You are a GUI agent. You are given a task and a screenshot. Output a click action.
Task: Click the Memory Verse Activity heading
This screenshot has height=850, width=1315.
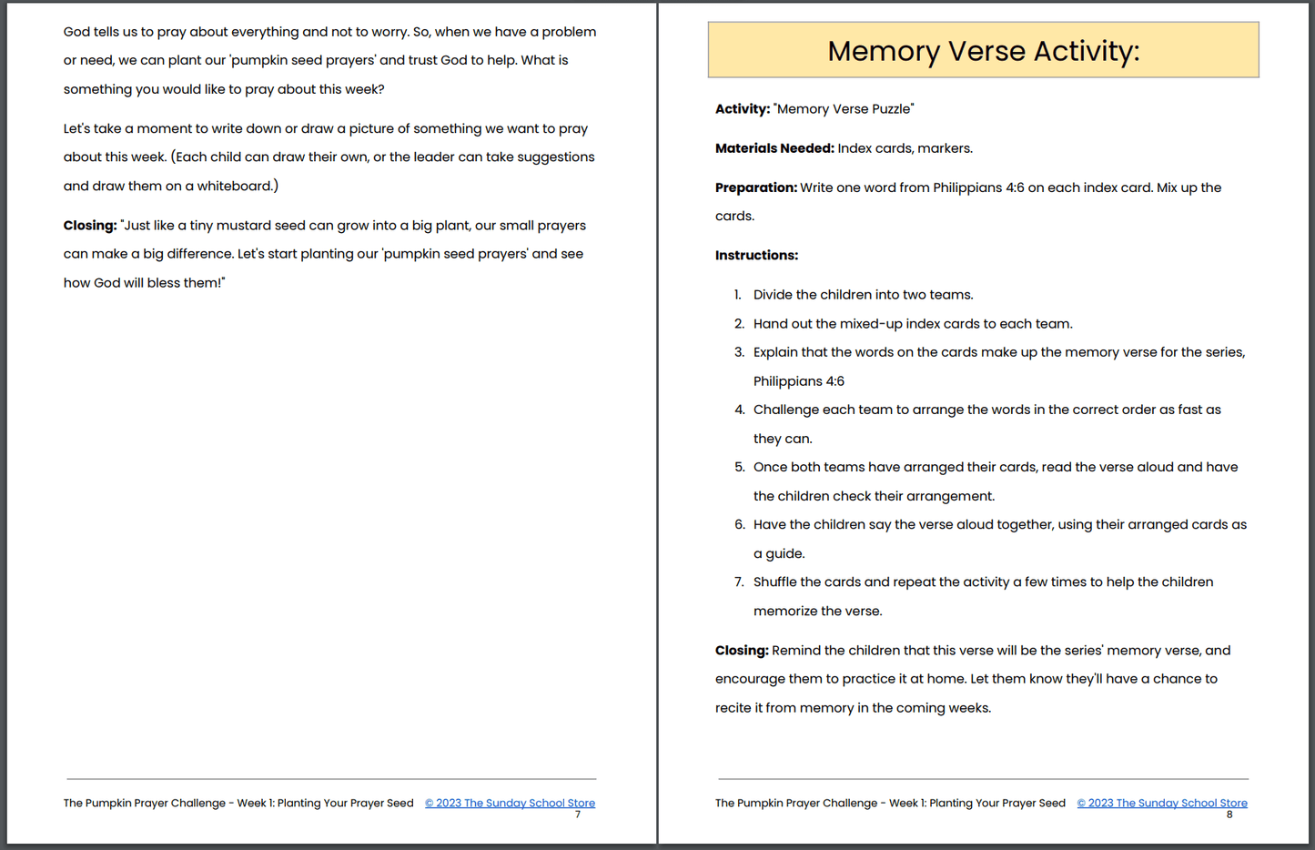coord(983,51)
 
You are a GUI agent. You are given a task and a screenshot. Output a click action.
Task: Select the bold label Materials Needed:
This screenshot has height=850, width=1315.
coord(774,148)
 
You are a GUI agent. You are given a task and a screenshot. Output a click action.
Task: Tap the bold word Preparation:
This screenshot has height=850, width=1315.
coord(755,187)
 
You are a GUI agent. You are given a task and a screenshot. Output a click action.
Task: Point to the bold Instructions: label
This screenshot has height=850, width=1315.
coord(756,256)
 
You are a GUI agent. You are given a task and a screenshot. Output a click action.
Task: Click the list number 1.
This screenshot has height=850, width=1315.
coord(738,295)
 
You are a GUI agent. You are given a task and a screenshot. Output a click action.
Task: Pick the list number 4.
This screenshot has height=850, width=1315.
coord(739,410)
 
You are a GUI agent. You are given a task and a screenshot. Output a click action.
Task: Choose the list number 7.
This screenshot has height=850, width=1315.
coord(739,582)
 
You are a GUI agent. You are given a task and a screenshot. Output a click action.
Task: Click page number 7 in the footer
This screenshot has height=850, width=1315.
coord(577,815)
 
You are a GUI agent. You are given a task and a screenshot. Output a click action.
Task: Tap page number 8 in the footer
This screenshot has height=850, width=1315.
coord(1229,815)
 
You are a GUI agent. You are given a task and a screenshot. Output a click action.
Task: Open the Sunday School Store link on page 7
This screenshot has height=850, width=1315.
coord(510,803)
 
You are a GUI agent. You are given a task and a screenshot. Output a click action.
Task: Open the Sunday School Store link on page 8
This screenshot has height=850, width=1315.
coord(1162,803)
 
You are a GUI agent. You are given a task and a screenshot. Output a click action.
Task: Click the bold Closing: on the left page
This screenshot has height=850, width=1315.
coord(90,226)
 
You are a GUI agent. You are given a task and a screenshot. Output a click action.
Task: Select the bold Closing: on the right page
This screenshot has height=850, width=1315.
coord(742,651)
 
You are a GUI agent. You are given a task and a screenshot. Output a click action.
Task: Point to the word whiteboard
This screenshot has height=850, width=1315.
coord(234,186)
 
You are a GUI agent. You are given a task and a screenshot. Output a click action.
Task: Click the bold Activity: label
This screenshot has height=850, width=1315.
coord(743,109)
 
